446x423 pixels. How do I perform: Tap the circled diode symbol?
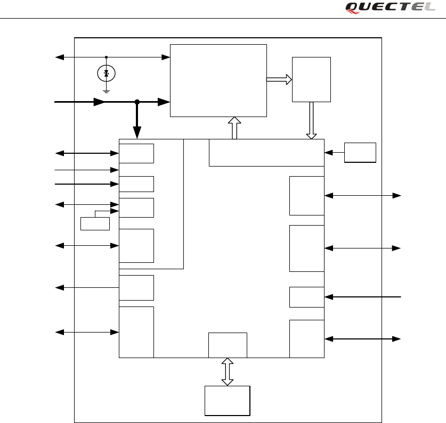coord(107,74)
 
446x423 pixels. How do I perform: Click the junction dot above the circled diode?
coord(107,57)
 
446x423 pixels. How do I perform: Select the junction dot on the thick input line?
coord(137,102)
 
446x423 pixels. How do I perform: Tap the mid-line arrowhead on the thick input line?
coord(99,102)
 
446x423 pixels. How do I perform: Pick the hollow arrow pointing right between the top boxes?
coord(279,79)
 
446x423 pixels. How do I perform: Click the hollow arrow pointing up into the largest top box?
coord(233,128)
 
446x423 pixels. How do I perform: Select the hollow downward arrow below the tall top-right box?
coord(311,121)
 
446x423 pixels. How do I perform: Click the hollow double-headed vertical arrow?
coord(228,371)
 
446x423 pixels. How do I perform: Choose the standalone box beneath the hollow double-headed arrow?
coord(228,400)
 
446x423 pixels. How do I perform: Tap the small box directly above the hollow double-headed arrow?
coord(228,345)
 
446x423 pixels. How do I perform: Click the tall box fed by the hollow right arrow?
coord(311,79)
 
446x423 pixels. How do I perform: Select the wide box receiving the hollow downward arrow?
coord(266,153)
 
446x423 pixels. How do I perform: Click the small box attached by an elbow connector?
coord(95,223)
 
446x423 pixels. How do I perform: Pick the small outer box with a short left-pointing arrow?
coord(360,153)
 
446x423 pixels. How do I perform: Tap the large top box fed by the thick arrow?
coord(218,80)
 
